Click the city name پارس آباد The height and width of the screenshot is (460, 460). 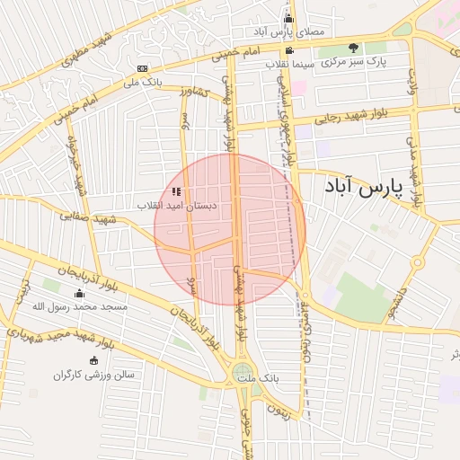click(359, 190)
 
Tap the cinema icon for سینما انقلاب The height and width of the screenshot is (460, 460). click(288, 50)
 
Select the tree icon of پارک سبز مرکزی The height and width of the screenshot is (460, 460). click(352, 48)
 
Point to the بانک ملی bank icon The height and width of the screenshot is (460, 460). click(143, 68)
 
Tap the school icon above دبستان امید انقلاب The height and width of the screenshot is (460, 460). click(177, 190)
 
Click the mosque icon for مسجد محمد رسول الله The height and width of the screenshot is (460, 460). click(79, 293)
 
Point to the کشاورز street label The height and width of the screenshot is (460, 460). click(193, 92)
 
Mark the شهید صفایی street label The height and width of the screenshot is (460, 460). click(90, 218)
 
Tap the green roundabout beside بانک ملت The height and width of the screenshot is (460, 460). click(243, 372)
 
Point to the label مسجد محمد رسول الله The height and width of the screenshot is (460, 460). click(80, 307)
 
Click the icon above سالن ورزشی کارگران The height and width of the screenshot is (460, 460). click(93, 360)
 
